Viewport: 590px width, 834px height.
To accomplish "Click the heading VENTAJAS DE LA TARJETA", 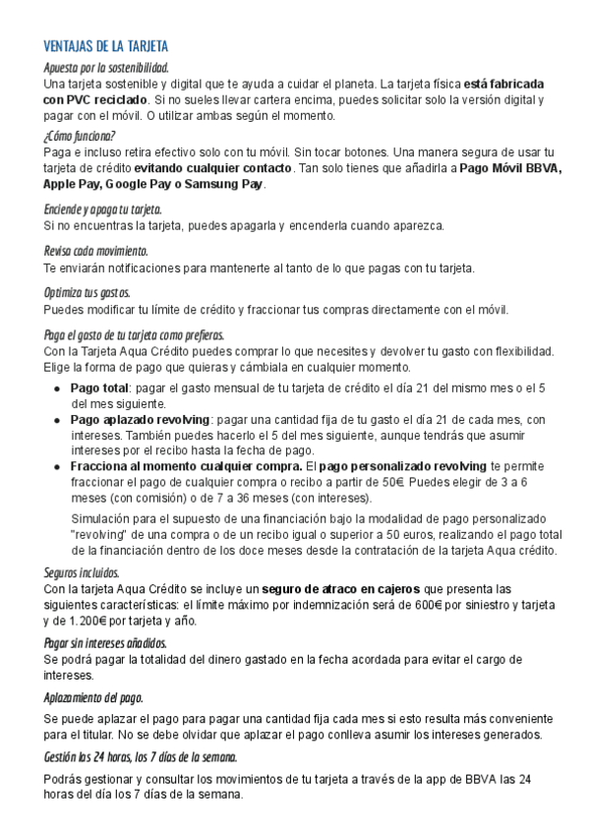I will coord(106,46).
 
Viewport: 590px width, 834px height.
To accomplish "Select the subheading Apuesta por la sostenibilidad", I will coord(106,67).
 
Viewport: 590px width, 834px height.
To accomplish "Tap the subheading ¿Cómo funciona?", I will coord(80,136).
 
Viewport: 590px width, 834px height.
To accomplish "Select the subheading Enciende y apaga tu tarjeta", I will coord(103,209).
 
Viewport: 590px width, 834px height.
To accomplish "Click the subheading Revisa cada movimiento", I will coord(95,251).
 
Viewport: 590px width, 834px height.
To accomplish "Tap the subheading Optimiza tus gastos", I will coord(87,293).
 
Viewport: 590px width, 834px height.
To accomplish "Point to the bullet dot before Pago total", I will coord(60,388).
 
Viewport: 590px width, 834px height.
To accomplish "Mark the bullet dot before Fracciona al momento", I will coord(60,466).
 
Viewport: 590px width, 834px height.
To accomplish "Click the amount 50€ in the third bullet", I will coord(393,482).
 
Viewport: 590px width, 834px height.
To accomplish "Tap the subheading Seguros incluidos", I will coord(82,572).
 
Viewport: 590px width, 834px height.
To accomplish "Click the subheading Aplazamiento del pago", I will coord(93,697).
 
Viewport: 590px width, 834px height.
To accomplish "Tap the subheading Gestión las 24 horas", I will coord(141,757).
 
